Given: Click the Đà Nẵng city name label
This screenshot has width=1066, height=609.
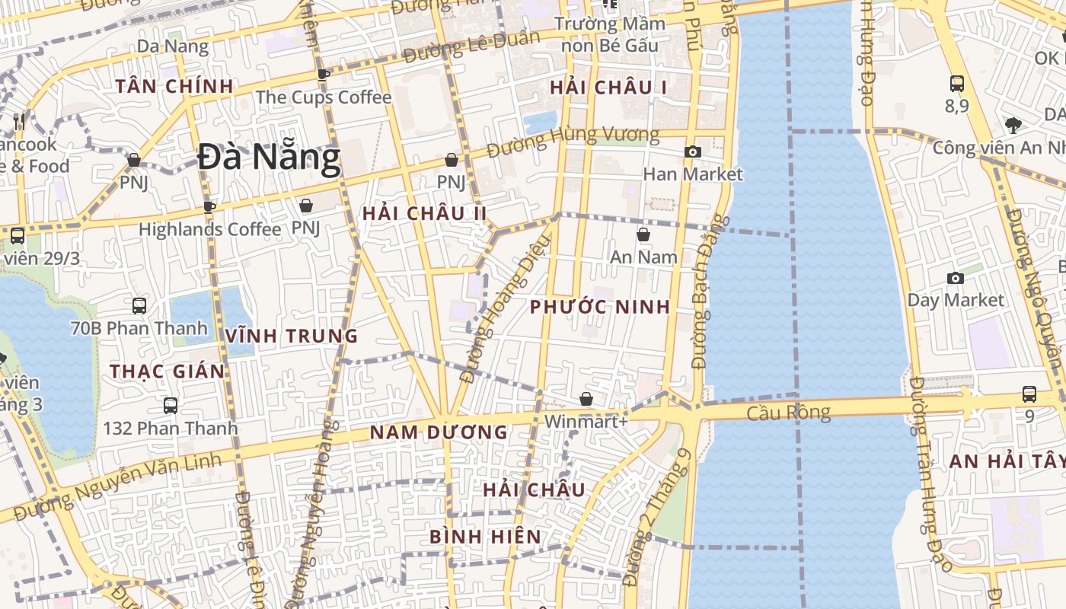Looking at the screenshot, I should pos(269,158).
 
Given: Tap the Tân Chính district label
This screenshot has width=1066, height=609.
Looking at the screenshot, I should pos(174,86).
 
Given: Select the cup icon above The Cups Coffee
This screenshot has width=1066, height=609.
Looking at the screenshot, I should pos(324,74).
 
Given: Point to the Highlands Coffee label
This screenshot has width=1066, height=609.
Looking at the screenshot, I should pos(209,228).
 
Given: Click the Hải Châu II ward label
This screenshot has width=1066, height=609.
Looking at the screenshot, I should pos(424,213).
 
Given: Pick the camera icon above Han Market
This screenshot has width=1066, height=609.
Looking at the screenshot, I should pos(692,151).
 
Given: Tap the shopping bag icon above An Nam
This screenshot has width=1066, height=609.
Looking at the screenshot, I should pos(643,234).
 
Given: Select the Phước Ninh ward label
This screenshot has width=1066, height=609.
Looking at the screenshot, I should pos(600,307).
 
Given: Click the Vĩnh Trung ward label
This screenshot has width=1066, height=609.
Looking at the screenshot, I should pos(292,336).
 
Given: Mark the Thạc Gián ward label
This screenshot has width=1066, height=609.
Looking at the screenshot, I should pos(168,371).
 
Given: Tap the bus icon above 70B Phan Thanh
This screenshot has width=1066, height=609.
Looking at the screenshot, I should pos(139,306).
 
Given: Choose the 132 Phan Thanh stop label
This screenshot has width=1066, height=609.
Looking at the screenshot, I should pos(171,428).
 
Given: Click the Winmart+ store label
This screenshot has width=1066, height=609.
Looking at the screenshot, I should pos(586,420).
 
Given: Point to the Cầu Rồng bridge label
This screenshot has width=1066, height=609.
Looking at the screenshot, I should pos(787,413).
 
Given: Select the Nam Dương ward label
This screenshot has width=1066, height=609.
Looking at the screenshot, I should pos(439,432).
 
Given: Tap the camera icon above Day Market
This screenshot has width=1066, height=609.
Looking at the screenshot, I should pos(955,278).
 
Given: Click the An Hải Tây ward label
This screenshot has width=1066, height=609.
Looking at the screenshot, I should pos(1007,461).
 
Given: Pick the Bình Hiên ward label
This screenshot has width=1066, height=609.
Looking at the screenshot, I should pos(486,537).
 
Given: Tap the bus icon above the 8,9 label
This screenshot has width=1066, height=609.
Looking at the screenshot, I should pos(957,84).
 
